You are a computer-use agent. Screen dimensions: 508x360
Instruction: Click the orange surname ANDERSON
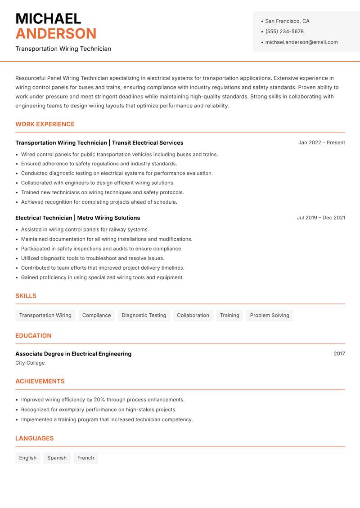tap(56, 34)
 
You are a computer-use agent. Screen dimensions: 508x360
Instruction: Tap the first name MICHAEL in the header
tap(48, 18)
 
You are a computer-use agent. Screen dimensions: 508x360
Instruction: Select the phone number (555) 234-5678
tap(284, 31)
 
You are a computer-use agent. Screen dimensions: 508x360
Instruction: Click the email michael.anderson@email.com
tap(301, 42)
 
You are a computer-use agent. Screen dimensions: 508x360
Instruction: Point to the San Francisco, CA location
tap(287, 21)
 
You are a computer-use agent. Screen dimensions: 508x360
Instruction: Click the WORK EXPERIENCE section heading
tap(45, 124)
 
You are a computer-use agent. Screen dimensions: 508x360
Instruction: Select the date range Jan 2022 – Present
tap(321, 143)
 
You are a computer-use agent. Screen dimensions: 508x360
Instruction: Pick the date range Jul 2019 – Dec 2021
tap(321, 218)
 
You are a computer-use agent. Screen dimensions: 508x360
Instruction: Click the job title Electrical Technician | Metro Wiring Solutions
tap(77, 218)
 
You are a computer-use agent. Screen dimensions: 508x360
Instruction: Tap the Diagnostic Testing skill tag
tap(144, 315)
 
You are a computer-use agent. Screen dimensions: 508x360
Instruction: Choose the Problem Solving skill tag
tap(270, 315)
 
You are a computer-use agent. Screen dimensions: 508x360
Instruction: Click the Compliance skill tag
tap(96, 315)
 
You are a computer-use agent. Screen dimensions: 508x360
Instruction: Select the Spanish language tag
tap(57, 458)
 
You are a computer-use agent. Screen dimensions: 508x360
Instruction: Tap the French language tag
tap(85, 458)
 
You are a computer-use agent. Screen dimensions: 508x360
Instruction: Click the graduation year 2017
tap(339, 354)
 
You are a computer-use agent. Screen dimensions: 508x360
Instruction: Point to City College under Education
tap(30, 363)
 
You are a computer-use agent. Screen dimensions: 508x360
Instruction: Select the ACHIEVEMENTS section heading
tap(40, 381)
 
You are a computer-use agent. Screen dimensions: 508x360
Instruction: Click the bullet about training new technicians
tap(102, 192)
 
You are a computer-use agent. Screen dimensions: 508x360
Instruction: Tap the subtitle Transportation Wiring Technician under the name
tap(63, 49)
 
